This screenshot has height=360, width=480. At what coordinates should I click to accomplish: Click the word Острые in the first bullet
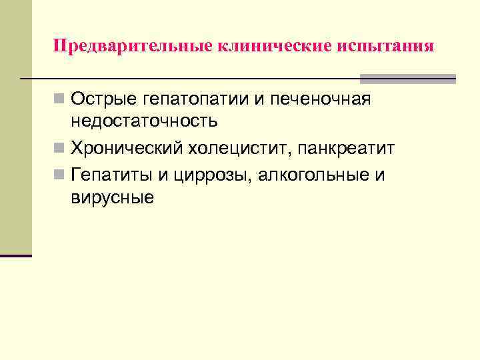click(x=104, y=99)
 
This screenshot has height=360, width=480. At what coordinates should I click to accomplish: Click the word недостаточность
click(x=144, y=121)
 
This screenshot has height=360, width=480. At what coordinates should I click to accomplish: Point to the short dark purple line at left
click(x=15, y=255)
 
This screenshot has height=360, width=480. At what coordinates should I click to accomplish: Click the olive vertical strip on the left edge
click(x=15, y=127)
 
